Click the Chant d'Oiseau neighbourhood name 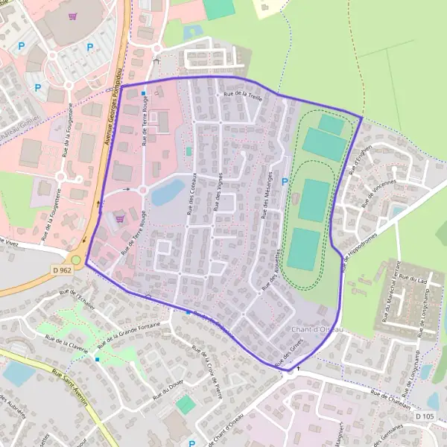317,329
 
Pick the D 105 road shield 425,415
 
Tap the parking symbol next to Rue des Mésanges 284,181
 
